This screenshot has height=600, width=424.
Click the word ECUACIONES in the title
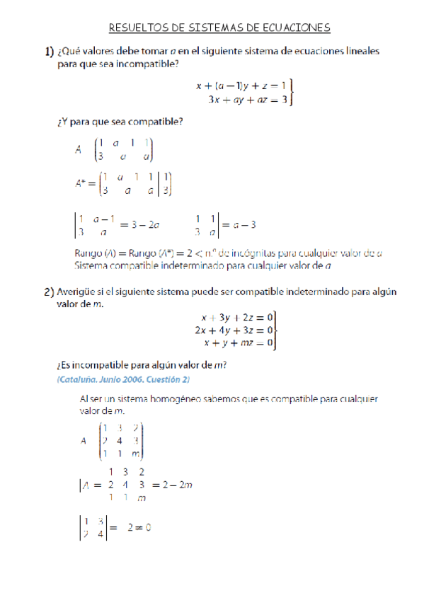[297, 28]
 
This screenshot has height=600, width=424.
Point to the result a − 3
[241, 226]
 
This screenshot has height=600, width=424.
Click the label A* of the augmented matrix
[81, 183]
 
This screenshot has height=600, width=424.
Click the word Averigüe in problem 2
[79, 291]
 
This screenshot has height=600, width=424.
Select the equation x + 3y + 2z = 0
[234, 318]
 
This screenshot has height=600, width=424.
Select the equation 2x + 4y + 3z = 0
[232, 330]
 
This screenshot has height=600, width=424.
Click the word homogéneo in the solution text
[162, 399]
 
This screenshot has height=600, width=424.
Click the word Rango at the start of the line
[88, 253]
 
